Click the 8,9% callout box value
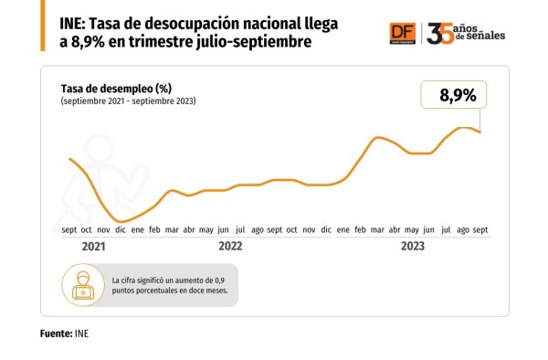[x=458, y=95]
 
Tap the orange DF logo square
[x=403, y=34]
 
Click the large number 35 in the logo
[x=440, y=34]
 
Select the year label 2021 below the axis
[x=93, y=247]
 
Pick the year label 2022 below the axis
[x=230, y=246]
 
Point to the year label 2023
[x=413, y=246]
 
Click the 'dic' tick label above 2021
[x=121, y=229]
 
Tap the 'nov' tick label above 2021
[x=103, y=230]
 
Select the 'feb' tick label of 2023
[x=361, y=229]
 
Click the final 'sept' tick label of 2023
[x=480, y=230]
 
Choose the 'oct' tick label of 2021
[x=87, y=230]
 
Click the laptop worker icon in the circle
[x=83, y=285]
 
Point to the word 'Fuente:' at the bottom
[x=56, y=334]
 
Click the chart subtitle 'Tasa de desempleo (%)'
[x=116, y=89]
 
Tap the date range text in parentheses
[x=128, y=101]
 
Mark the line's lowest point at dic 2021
[x=121, y=222]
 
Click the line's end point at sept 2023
[x=480, y=132]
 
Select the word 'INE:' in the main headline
[x=72, y=25]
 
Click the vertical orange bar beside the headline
[x=43, y=26]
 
